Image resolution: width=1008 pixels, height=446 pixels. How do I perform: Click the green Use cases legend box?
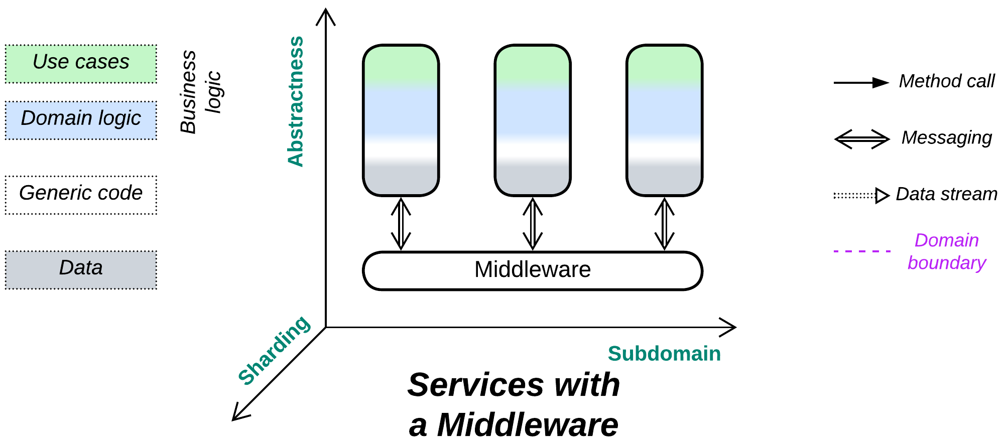[x=81, y=64]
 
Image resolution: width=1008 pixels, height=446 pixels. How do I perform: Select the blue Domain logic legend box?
[x=81, y=120]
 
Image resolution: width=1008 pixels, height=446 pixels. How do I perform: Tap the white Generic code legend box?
[x=81, y=195]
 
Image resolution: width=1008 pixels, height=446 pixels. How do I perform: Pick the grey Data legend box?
[x=81, y=269]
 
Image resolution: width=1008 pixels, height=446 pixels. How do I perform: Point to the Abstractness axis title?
[x=296, y=101]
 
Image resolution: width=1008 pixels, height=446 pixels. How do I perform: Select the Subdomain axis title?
[x=664, y=354]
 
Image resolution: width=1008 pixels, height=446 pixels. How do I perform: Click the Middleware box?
[x=532, y=271]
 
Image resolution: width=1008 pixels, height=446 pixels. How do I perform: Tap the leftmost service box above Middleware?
[x=401, y=120]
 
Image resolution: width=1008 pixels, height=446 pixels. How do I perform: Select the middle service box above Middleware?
[x=532, y=120]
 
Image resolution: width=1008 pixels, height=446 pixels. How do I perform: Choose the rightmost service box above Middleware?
[x=664, y=120]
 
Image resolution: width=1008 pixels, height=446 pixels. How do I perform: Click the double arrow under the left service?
[x=401, y=224]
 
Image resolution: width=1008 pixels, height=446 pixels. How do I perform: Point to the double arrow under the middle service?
[x=532, y=224]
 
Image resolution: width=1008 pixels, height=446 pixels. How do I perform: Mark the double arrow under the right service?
[x=664, y=224]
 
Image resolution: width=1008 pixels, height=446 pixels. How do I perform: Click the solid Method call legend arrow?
[x=861, y=83]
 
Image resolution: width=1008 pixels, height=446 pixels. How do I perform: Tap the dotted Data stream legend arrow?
[x=861, y=196]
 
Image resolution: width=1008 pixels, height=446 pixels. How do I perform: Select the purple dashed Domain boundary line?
[x=861, y=251]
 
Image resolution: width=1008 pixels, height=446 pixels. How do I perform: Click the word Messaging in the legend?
[x=946, y=137]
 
